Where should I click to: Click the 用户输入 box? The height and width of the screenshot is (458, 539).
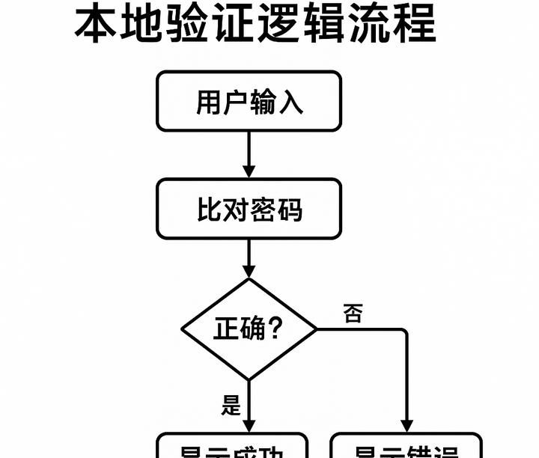click(249, 101)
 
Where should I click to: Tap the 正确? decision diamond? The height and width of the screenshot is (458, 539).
click(249, 329)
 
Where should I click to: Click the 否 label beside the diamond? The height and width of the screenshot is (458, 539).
click(353, 314)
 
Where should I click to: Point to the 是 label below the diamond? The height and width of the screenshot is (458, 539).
click(231, 406)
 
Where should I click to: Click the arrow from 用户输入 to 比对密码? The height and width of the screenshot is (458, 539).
click(249, 156)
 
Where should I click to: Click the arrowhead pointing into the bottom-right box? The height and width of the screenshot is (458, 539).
click(407, 424)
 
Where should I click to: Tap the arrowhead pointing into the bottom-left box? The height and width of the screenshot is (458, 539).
click(249, 424)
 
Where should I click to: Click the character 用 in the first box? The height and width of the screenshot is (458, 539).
click(209, 102)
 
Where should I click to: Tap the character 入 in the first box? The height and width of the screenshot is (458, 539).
click(290, 102)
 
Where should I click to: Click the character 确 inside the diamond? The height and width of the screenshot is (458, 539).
click(253, 329)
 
